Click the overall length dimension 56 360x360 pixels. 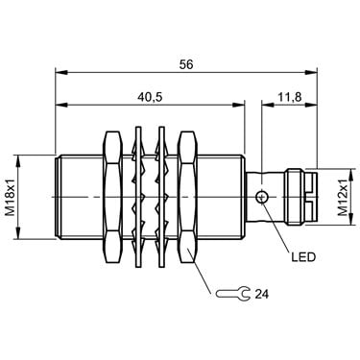coord(186,64)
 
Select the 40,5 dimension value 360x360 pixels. coord(150,97)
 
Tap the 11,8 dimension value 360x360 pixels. coord(289,97)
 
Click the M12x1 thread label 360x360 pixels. coord(343,197)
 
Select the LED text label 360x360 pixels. coord(303,256)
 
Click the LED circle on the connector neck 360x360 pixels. coord(262,197)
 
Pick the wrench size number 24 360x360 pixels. coord(261,294)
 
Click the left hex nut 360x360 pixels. coord(113,197)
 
